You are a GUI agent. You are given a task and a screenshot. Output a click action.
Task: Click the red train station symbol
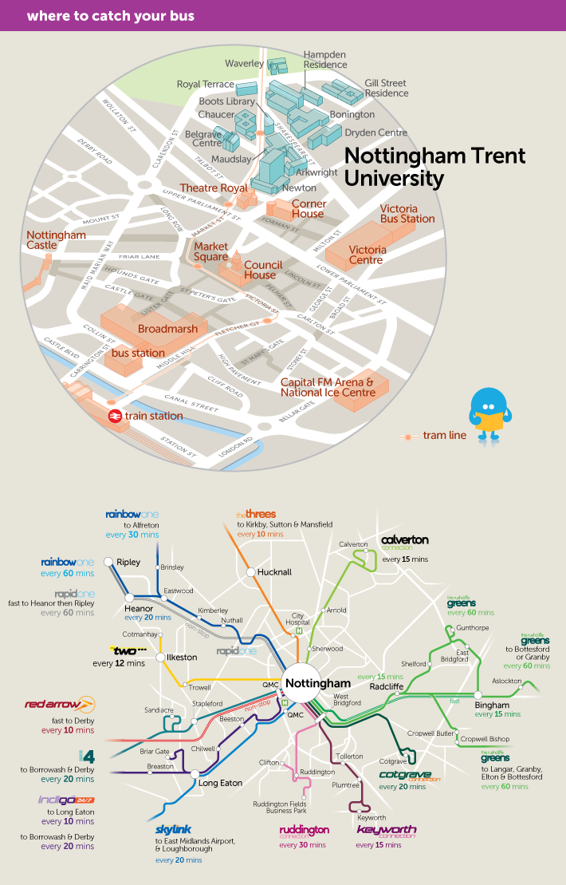tap(115, 416)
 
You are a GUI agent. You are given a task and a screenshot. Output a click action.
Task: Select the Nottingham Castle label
tap(56, 240)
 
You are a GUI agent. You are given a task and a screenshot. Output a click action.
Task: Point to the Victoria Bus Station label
tap(407, 213)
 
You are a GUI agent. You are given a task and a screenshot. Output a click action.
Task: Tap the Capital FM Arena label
tap(327, 387)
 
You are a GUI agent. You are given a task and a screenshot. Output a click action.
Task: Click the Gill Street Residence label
tap(387, 88)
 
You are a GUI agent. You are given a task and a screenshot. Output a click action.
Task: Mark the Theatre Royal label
tap(213, 188)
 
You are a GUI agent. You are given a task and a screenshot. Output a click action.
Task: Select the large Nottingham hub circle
tap(303, 684)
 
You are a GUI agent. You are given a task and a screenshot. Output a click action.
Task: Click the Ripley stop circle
tap(109, 562)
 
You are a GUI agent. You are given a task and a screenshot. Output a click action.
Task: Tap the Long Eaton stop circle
tap(194, 773)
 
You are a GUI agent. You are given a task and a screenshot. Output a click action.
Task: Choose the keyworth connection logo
tap(387, 831)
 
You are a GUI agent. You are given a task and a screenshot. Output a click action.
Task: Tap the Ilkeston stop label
tap(181, 657)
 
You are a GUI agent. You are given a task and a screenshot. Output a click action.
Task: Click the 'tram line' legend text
tap(444, 435)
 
